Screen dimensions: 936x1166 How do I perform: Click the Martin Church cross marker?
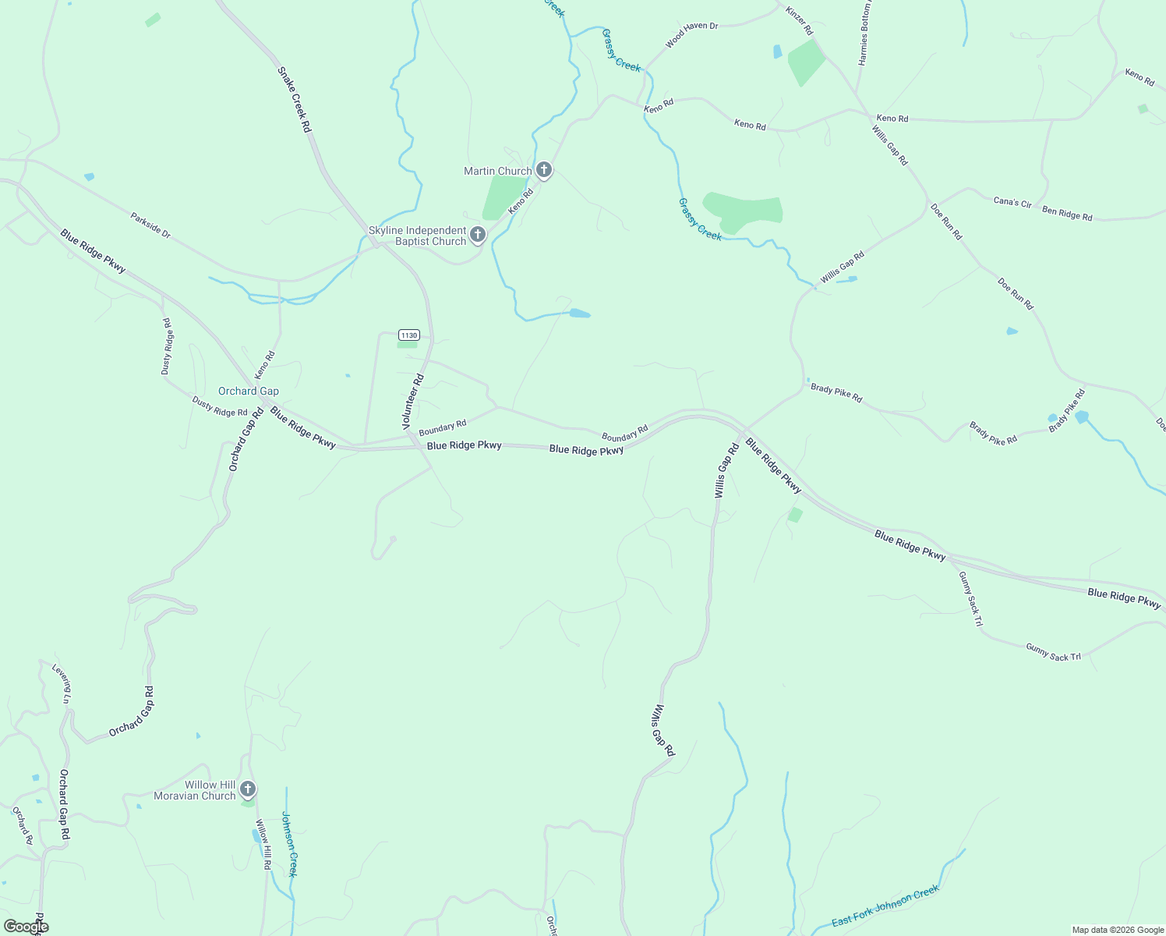click(x=544, y=170)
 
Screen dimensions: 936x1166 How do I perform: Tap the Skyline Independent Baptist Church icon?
click(x=478, y=234)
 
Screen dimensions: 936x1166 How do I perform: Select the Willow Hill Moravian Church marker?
click(x=248, y=789)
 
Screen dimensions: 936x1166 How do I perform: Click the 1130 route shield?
click(x=409, y=335)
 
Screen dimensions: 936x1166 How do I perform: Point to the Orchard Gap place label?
click(x=248, y=392)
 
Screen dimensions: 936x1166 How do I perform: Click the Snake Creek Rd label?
click(x=295, y=99)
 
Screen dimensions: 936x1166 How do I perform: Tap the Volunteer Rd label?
click(x=412, y=402)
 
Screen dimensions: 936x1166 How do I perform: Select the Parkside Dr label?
click(x=150, y=225)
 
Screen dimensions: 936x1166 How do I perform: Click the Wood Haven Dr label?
click(x=691, y=36)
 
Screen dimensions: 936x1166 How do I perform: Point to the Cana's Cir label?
click(x=1012, y=202)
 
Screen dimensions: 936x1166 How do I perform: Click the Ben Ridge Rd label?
click(x=1067, y=213)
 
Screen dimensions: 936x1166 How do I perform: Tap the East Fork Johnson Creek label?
click(x=885, y=906)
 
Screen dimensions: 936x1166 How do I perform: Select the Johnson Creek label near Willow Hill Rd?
click(x=289, y=844)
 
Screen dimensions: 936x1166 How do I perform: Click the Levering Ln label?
click(x=62, y=683)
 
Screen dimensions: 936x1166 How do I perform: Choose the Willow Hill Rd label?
click(x=263, y=844)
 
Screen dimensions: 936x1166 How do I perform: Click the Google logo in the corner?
click(x=26, y=927)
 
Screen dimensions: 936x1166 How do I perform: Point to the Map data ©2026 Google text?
click(x=1118, y=930)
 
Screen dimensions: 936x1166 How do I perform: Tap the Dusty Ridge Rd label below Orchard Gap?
click(x=220, y=406)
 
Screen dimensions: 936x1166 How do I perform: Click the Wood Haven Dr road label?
click(x=691, y=36)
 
